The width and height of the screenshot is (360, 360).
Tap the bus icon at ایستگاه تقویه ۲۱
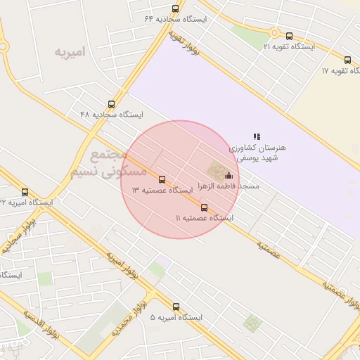[289, 36]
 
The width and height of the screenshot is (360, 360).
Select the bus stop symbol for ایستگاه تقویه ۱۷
[347, 60]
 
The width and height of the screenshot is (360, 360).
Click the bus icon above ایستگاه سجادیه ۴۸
[111, 104]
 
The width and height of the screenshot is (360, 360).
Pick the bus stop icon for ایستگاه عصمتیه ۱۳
[162, 180]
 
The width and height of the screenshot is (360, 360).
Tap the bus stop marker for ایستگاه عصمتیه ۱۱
[204, 207]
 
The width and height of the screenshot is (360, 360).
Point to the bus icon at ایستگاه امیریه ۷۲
[25, 192]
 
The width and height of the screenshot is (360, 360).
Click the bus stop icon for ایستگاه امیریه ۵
[176, 307]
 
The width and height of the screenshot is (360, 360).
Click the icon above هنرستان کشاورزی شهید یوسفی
[257, 136]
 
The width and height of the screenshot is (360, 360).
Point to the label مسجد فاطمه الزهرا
[219, 186]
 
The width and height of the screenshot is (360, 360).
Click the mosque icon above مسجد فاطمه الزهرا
[228, 176]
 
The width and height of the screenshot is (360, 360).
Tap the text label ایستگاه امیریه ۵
[176, 318]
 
